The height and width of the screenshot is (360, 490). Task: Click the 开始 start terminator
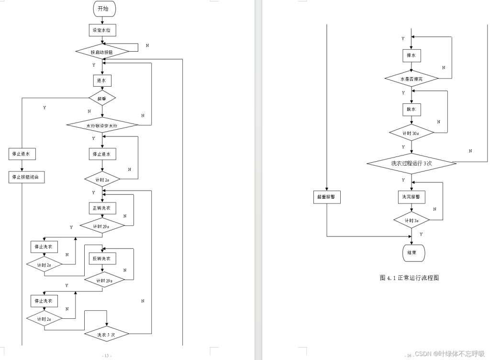click(x=102, y=9)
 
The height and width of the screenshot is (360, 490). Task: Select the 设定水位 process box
click(x=102, y=30)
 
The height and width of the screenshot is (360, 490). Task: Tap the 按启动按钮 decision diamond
click(x=102, y=51)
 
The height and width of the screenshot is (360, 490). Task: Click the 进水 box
click(x=101, y=80)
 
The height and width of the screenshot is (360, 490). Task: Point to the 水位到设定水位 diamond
click(x=102, y=125)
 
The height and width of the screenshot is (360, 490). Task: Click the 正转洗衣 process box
click(x=101, y=208)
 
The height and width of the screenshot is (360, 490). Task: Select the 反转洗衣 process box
click(x=101, y=259)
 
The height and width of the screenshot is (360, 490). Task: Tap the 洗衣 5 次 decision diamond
click(x=106, y=334)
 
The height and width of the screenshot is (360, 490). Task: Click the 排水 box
click(x=411, y=56)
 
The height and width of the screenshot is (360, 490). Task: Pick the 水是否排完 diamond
click(x=411, y=78)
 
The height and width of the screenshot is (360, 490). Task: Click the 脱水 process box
click(x=411, y=109)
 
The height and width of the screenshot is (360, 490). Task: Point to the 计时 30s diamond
click(x=411, y=133)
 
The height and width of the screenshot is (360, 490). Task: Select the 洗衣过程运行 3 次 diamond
click(x=411, y=163)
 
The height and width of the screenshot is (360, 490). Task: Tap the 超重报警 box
click(x=327, y=197)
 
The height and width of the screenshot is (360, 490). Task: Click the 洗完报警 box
click(x=411, y=197)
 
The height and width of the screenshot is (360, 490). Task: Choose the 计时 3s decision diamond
click(x=411, y=220)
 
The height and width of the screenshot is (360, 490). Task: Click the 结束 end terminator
click(x=411, y=252)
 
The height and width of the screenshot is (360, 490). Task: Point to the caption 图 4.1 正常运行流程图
click(x=409, y=278)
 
